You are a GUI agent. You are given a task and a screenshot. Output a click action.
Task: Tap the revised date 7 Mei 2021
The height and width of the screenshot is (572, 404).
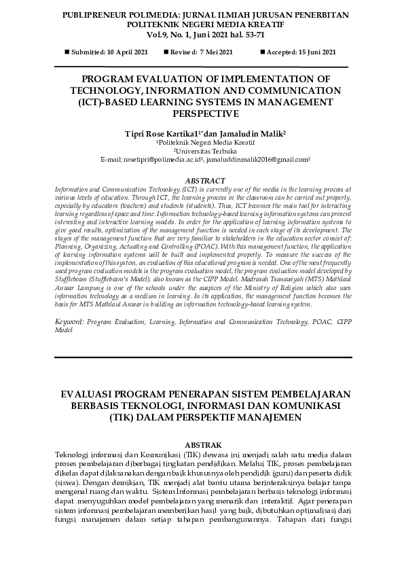click(x=216, y=52)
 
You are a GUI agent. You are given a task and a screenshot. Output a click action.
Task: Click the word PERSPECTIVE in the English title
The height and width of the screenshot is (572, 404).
click(x=202, y=113)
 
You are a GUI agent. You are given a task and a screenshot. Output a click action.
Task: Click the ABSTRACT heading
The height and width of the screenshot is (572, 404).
click(x=202, y=180)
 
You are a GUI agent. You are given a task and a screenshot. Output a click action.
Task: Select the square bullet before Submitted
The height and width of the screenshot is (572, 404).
click(x=67, y=52)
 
